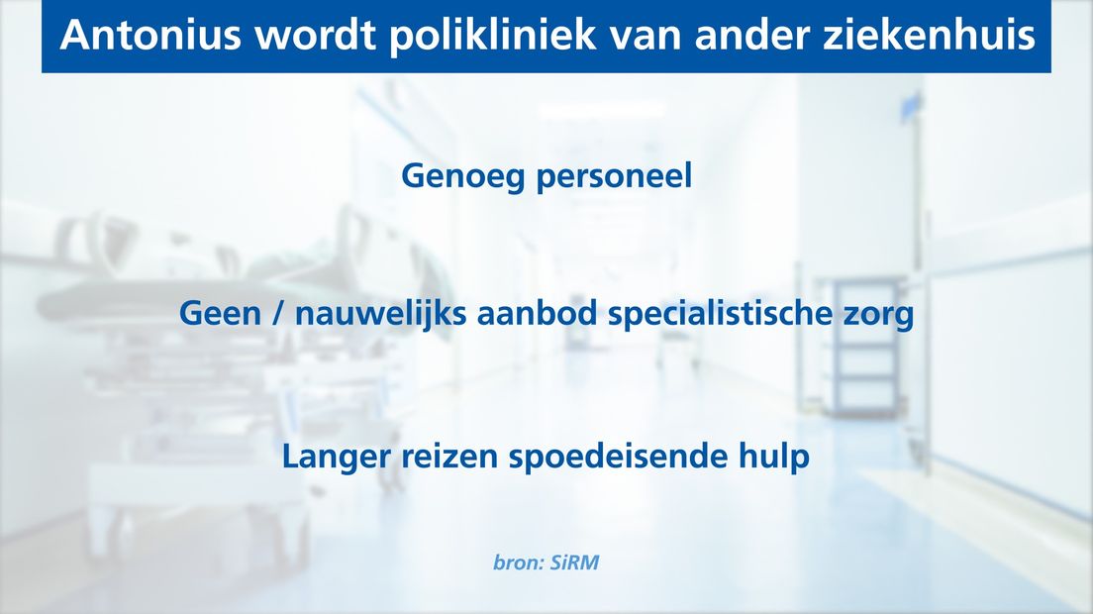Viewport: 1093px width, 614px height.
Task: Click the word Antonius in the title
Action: [x=149, y=35]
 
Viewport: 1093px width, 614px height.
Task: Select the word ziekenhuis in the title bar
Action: [x=929, y=35]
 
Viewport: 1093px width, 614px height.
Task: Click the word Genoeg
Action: [x=462, y=176]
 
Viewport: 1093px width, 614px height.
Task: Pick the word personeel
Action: [x=614, y=176]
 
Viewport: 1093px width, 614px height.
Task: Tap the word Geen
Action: [x=220, y=314]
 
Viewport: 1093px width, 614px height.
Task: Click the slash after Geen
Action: [x=277, y=314]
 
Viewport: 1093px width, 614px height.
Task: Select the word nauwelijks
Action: [x=380, y=314]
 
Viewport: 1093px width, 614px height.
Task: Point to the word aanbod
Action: [x=537, y=313]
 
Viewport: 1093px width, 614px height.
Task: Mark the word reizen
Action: [x=449, y=457]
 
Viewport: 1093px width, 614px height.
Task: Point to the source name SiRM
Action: [x=574, y=563]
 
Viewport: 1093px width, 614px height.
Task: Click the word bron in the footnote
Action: [x=517, y=563]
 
